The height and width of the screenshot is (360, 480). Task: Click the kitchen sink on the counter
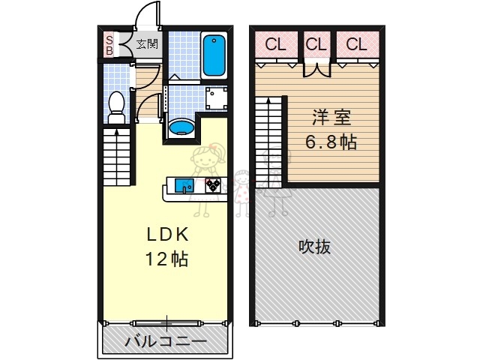tap(184, 184)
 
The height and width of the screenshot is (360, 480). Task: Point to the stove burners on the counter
tap(213, 184)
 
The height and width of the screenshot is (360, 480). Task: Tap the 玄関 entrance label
tap(148, 43)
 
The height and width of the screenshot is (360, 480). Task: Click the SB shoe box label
tap(109, 45)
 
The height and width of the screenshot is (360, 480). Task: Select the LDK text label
tap(166, 235)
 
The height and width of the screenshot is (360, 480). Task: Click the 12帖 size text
tap(166, 259)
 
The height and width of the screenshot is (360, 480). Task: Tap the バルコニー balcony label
tap(165, 340)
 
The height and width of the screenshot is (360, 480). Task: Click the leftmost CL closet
tap(275, 43)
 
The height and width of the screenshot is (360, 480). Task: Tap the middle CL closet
tap(316, 43)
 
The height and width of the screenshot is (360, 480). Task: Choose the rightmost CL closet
tap(356, 43)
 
